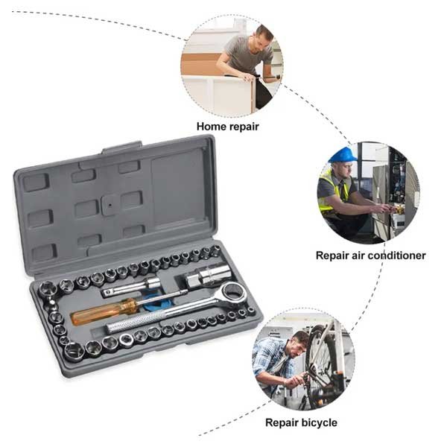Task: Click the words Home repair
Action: click(228, 126)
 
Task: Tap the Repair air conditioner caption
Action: click(370, 255)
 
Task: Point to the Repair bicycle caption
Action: click(301, 422)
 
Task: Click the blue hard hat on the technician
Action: click(343, 155)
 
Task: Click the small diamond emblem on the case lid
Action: click(109, 201)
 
